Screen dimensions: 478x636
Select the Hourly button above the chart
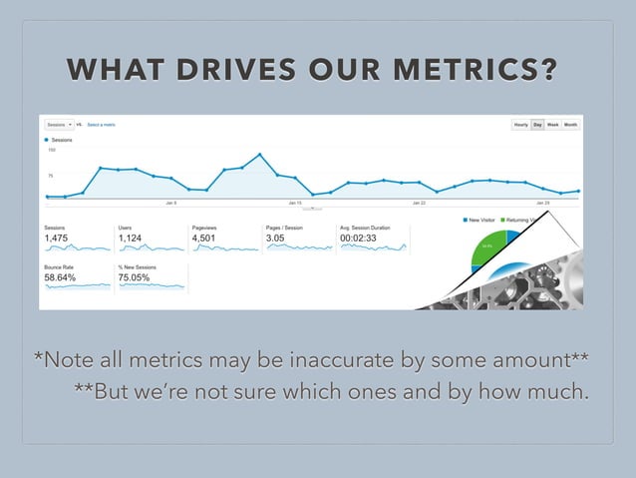pyautogui.click(x=520, y=125)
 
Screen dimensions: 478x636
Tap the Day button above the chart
pyautogui.click(x=537, y=125)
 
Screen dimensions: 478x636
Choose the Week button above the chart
pyautogui.click(x=552, y=125)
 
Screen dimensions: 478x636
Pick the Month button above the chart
pyautogui.click(x=570, y=125)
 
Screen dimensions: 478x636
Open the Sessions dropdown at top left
pyautogui.click(x=58, y=125)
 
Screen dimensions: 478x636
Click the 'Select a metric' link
pyautogui.click(x=102, y=125)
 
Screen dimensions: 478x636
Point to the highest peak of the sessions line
pyautogui.click(x=259, y=155)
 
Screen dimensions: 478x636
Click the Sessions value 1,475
pyautogui.click(x=58, y=239)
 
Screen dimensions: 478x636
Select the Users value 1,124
pyautogui.click(x=131, y=239)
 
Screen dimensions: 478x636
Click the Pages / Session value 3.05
pyautogui.click(x=275, y=239)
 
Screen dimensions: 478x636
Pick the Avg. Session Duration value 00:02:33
pyautogui.click(x=360, y=239)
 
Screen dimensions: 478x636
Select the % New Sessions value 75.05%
pyautogui.click(x=134, y=277)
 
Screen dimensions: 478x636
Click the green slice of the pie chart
pyautogui.click(x=488, y=249)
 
